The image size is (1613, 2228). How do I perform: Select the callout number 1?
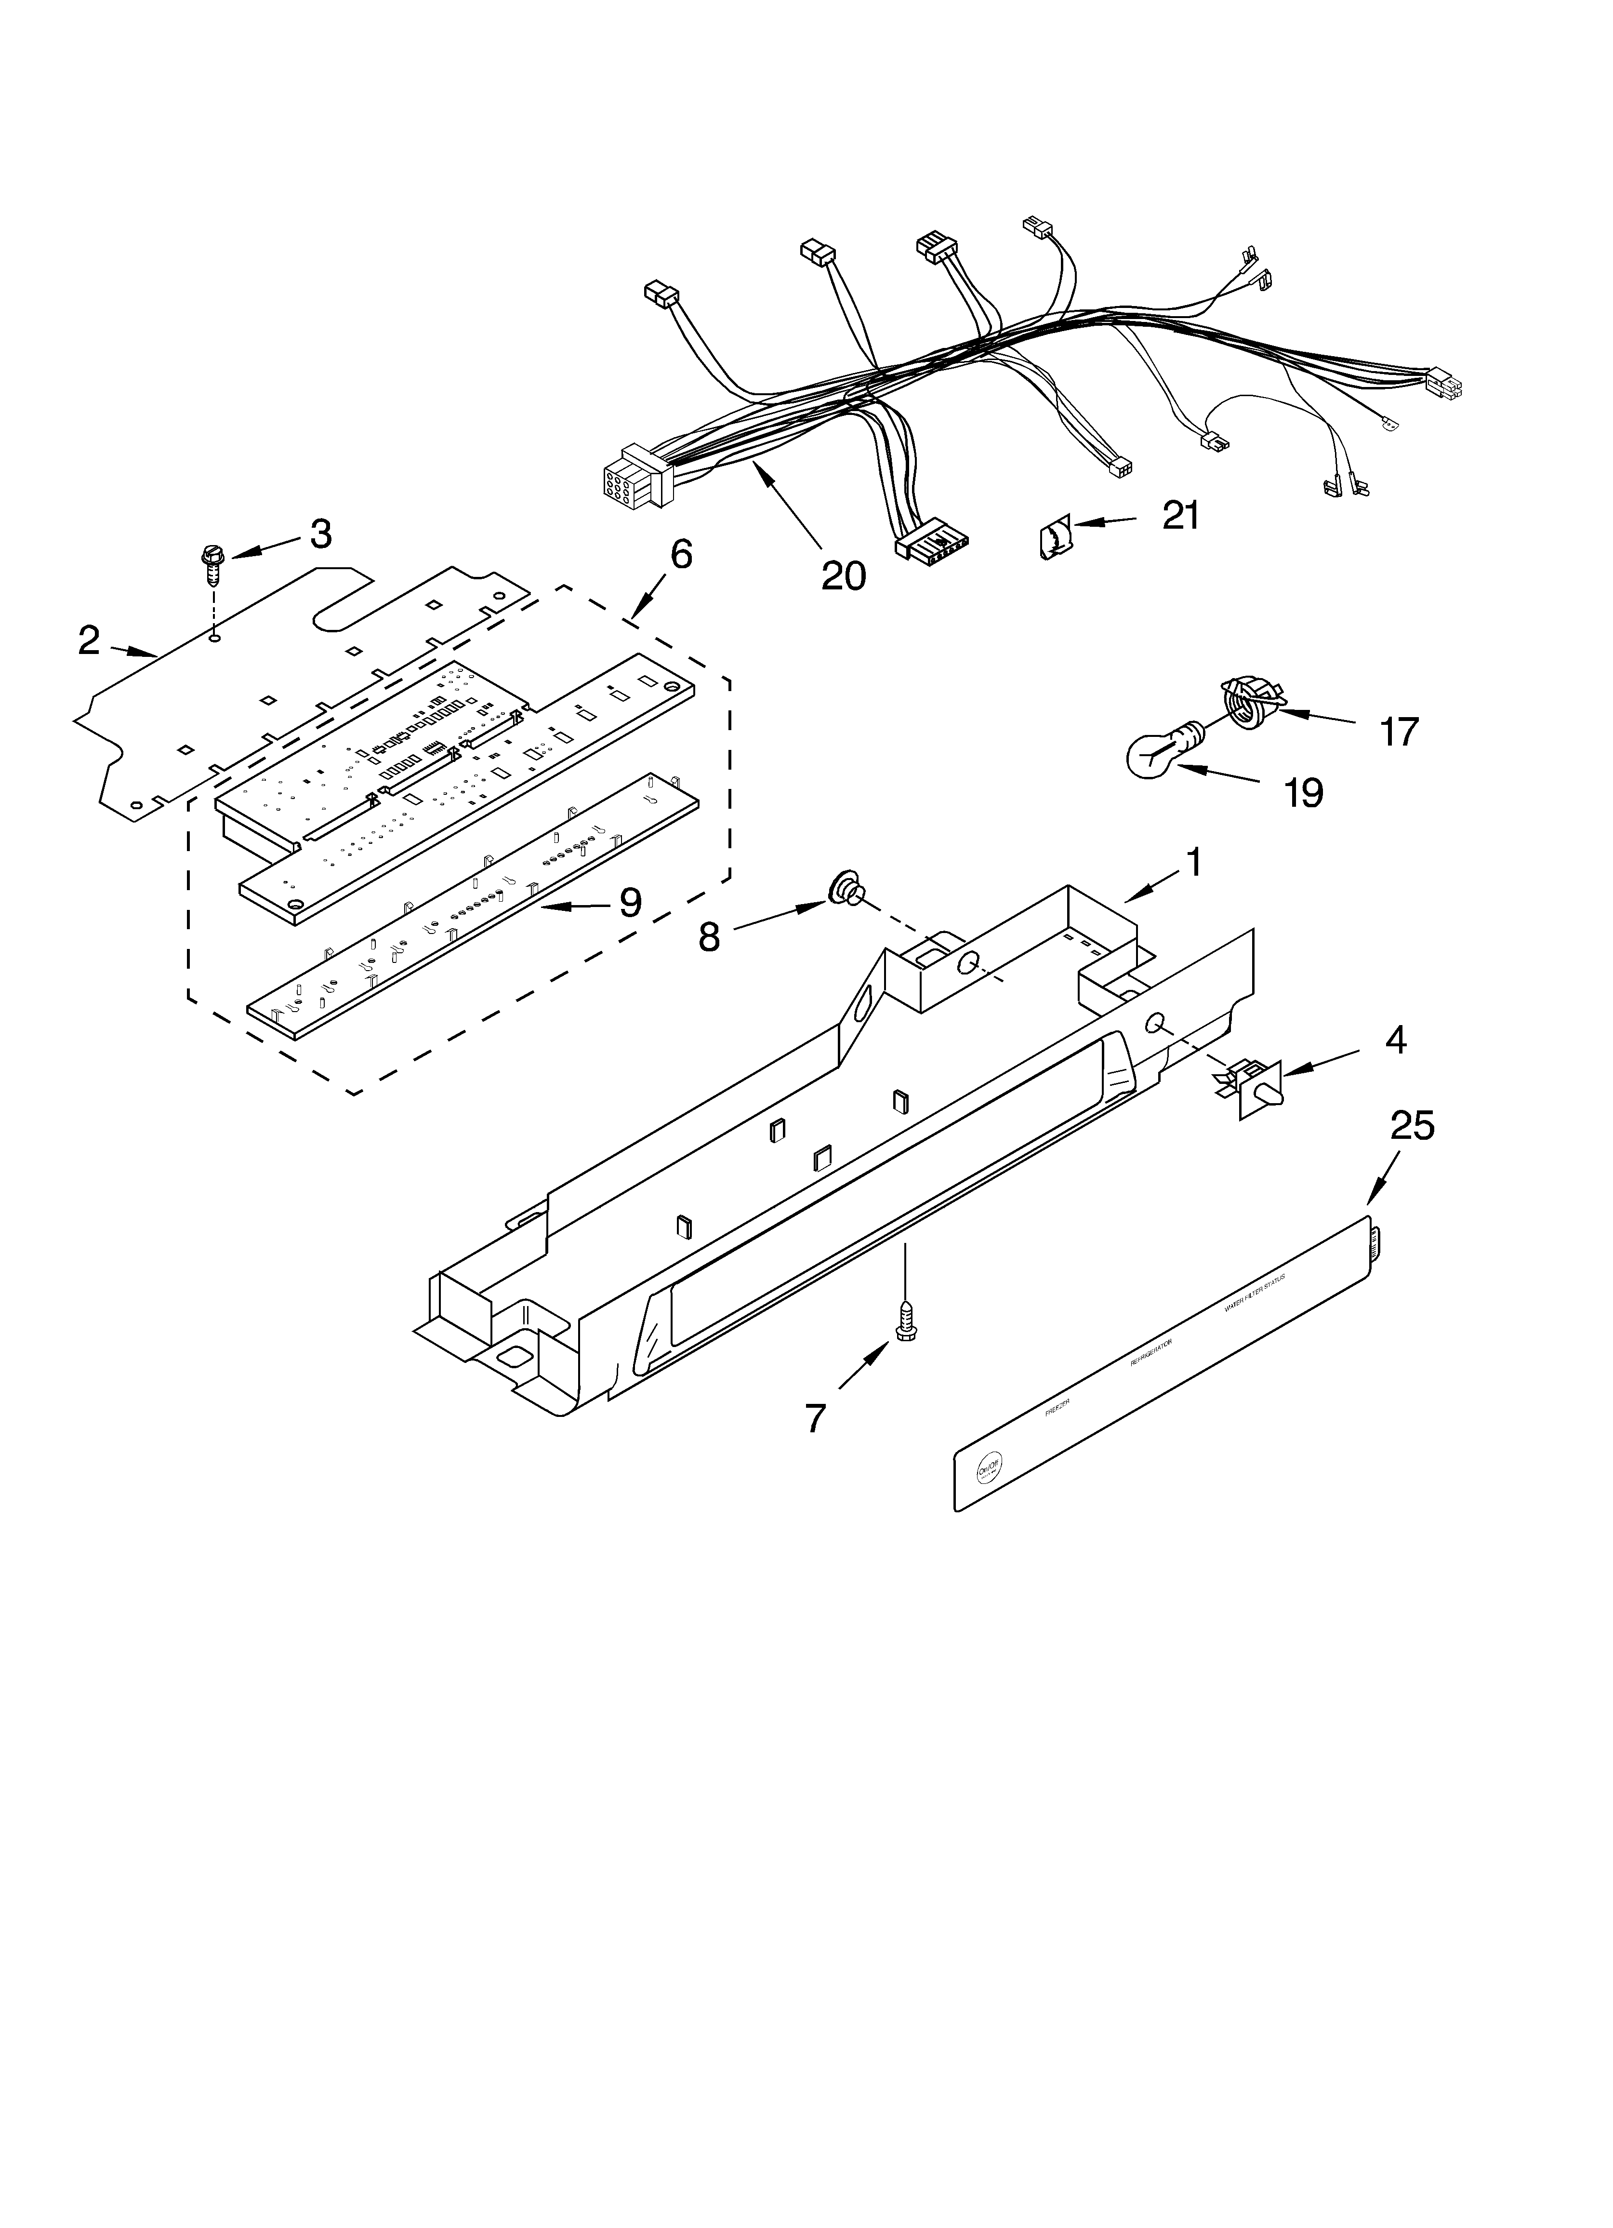click(1193, 864)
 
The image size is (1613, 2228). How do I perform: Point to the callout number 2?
click(89, 640)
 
